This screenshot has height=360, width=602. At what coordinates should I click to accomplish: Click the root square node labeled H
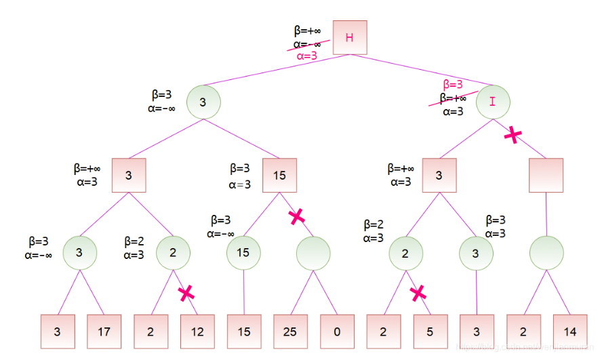pyautogui.click(x=349, y=37)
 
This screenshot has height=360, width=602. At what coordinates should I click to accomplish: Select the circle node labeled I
pyautogui.click(x=493, y=102)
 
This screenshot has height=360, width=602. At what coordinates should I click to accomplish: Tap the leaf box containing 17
pyautogui.click(x=104, y=332)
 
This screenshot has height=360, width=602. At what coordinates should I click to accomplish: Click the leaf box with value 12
pyautogui.click(x=197, y=332)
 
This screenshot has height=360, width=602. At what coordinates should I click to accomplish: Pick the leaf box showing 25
pyautogui.click(x=290, y=332)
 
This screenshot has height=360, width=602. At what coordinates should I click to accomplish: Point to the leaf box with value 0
pyautogui.click(x=337, y=332)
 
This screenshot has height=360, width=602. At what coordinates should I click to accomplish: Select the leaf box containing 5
pyautogui.click(x=430, y=332)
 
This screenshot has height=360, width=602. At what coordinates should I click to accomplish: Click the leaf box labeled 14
pyautogui.click(x=570, y=332)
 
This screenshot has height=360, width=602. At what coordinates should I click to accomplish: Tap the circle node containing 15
pyautogui.click(x=243, y=253)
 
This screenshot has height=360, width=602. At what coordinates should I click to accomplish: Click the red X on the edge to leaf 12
pyautogui.click(x=186, y=293)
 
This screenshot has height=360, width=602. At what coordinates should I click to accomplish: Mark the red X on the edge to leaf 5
pyautogui.click(x=418, y=292)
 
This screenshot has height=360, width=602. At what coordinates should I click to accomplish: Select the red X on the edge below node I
pyautogui.click(x=513, y=135)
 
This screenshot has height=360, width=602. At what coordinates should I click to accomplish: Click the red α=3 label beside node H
pyautogui.click(x=306, y=56)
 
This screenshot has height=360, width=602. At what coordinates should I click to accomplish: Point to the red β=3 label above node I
pyautogui.click(x=453, y=85)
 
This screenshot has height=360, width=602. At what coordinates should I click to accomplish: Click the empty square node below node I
pyautogui.click(x=546, y=176)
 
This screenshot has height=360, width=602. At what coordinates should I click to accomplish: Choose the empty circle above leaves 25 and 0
pyautogui.click(x=313, y=253)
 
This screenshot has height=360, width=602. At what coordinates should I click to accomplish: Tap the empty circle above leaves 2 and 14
pyautogui.click(x=546, y=253)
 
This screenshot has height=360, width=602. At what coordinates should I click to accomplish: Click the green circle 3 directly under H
pyautogui.click(x=203, y=102)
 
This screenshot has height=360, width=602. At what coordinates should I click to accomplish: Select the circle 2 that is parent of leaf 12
pyautogui.click(x=173, y=253)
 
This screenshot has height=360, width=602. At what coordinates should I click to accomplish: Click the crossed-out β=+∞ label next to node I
pyautogui.click(x=453, y=98)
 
